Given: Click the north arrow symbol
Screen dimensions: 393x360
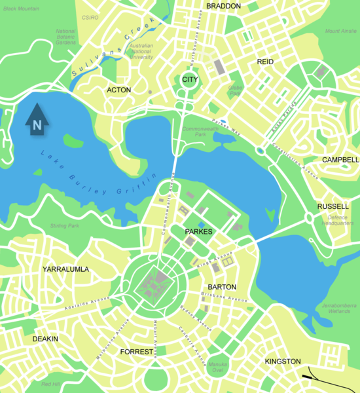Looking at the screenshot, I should [37, 119].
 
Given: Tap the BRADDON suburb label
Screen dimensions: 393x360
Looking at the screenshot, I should [223, 6].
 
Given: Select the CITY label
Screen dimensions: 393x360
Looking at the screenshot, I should [189, 80].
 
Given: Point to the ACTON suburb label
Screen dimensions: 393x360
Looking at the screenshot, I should [118, 90].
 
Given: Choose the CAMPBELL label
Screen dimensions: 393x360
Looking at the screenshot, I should [340, 160].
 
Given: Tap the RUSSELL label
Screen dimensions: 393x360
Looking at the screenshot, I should [333, 206].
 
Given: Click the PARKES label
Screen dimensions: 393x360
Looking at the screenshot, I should [199, 231].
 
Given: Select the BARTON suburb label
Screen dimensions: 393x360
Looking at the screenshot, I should [221, 288].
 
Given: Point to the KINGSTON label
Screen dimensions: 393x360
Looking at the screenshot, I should [283, 362].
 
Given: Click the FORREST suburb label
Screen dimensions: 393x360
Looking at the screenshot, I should [136, 352].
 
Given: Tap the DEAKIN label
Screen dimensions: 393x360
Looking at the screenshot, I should [45, 339].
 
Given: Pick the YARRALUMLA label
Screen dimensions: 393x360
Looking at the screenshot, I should [65, 269].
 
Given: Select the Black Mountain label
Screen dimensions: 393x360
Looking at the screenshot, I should [20, 9].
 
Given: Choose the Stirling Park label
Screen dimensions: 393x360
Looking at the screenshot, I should [64, 226].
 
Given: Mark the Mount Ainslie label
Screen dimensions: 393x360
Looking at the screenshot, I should [340, 31].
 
